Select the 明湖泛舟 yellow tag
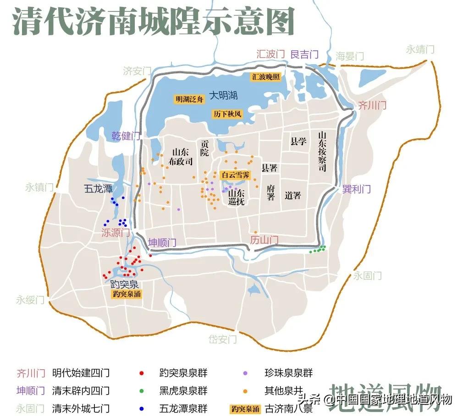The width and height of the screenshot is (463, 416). pos(189,99)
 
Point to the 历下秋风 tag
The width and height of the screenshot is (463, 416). pos(227,114)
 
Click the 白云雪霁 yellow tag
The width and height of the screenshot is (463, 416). pos(236,175)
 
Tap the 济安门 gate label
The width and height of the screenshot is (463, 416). pos(137,71)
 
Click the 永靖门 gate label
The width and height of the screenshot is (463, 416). pos(420,49)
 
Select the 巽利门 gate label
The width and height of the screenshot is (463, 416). pos(356,189)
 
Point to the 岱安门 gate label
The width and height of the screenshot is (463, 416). pos(223,339)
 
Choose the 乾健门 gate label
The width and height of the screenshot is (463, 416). pos(126,136)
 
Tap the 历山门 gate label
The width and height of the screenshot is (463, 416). pos(265,240)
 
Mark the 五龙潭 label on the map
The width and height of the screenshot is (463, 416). pos(98,188)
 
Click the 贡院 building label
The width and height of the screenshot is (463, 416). pos(205,148)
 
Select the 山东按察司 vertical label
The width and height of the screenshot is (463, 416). pos(322,152)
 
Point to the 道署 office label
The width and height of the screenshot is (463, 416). pos(292,196)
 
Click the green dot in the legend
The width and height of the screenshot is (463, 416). pos(142,391)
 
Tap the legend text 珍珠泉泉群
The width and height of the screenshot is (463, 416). pos(289,373)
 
